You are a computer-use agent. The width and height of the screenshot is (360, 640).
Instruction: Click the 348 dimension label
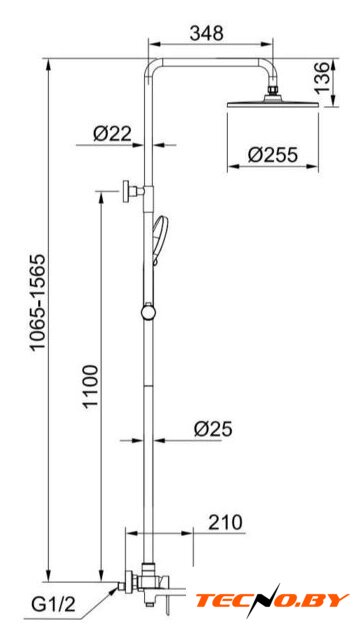[207, 33]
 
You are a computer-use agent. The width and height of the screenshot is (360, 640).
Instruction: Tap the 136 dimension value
[322, 77]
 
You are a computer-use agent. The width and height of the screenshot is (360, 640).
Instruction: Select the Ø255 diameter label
[273, 155]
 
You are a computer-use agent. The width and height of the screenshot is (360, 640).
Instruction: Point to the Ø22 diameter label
[112, 133]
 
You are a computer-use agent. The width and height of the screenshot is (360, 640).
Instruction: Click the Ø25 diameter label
[213, 429]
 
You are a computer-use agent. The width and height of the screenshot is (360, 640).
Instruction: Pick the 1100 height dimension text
[91, 386]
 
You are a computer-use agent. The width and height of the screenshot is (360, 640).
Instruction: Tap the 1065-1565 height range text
[38, 302]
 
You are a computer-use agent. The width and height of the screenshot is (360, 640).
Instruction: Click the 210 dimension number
[225, 522]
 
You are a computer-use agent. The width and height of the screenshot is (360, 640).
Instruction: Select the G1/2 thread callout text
[54, 604]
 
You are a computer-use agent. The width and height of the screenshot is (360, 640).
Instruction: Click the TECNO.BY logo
[272, 600]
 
